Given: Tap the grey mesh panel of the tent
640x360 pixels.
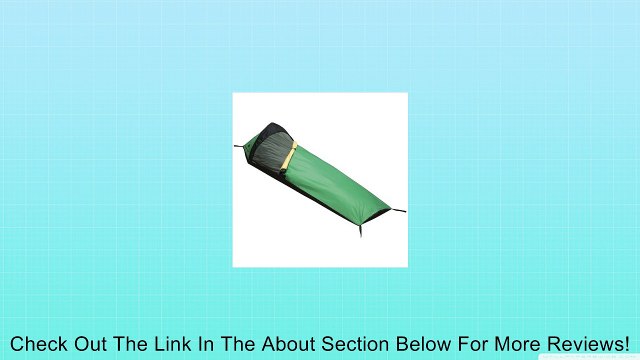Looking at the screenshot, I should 271,149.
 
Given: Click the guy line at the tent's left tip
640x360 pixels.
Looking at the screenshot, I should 240,146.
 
